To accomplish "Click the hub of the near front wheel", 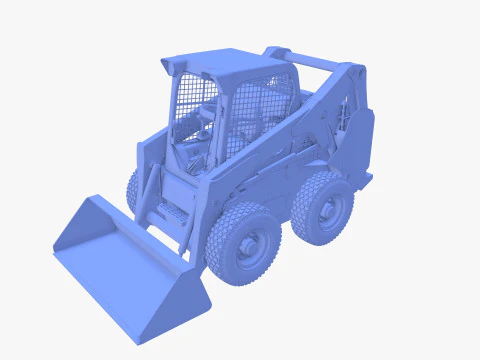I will [249, 245].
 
